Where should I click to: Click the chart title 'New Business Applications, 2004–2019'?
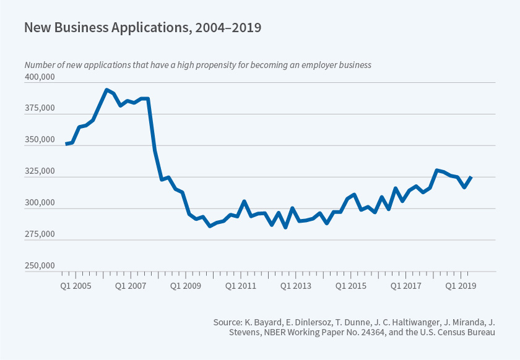pos(142,27)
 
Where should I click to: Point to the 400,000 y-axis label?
pos(40,77)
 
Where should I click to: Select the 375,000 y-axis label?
pos(40,109)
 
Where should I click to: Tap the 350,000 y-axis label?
pos(40,140)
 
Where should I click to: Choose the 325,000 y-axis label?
pos(40,172)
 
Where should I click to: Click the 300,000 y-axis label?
pos(40,204)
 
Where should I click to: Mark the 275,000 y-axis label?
pos(40,235)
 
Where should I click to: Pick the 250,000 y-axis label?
pos(40,267)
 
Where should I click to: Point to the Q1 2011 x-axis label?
pos(242,286)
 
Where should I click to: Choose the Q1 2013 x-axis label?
pos(297,286)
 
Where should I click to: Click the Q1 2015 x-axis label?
pos(352,286)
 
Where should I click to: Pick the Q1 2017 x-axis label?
pos(407,286)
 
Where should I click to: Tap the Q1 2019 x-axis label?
pos(461,286)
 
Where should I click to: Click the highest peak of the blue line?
pos(106,90)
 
